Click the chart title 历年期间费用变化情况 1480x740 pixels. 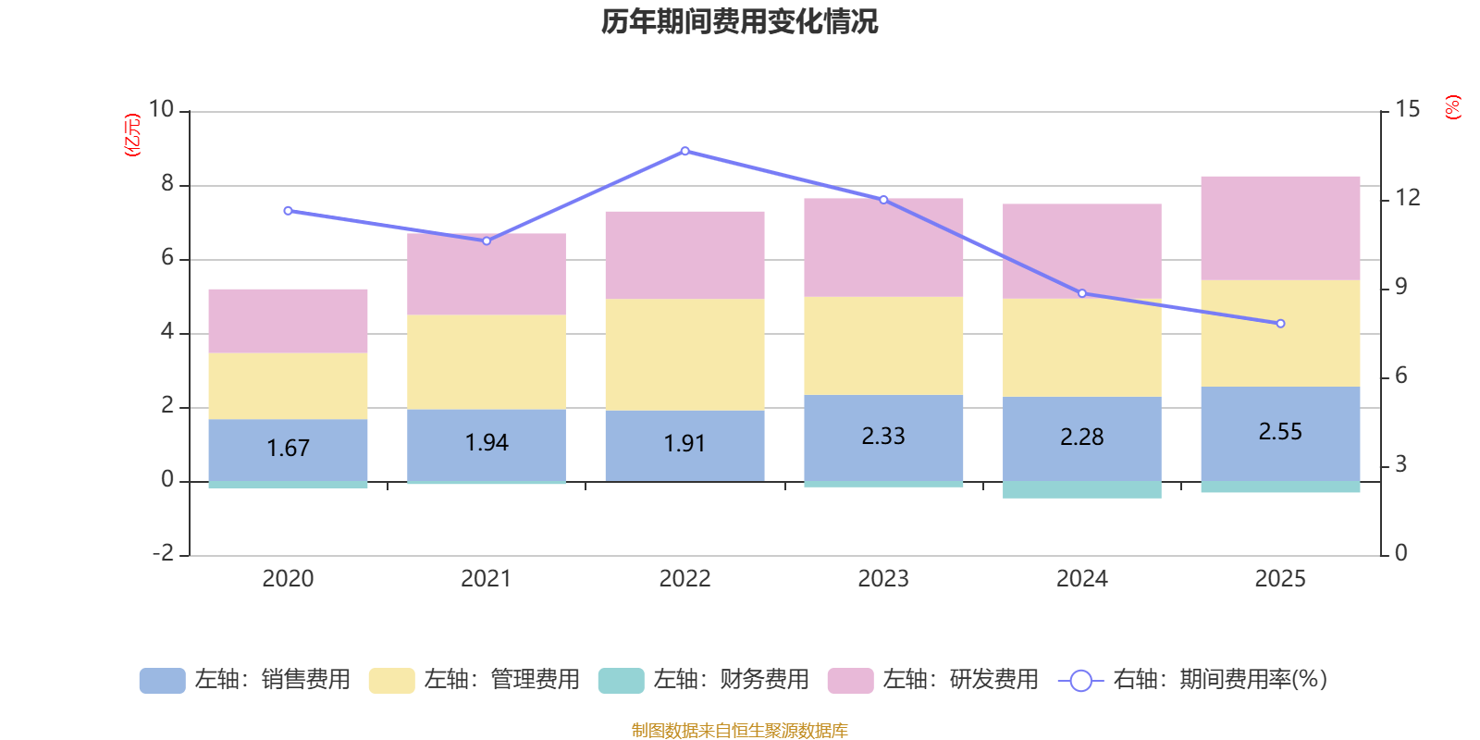point(739,21)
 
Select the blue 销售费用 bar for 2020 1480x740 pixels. point(288,450)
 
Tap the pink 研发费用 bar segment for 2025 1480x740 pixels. point(1280,228)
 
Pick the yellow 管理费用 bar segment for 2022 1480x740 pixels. point(684,354)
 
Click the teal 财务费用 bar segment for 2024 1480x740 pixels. point(1081,490)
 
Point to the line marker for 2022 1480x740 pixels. point(684,151)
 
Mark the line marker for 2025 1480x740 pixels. point(1280,324)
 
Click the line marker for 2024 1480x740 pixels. point(1081,293)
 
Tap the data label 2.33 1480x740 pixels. point(883,436)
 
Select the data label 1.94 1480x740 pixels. point(487,443)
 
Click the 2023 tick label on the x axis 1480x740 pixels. point(883,579)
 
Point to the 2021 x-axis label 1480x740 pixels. point(487,579)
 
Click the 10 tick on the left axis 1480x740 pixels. point(162,110)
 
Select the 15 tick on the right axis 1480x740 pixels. point(1407,110)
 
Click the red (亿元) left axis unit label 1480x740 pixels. point(132,135)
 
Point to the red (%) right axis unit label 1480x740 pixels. point(1453,107)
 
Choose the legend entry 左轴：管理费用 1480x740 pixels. point(474,680)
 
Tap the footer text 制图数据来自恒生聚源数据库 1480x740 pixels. point(739,731)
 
